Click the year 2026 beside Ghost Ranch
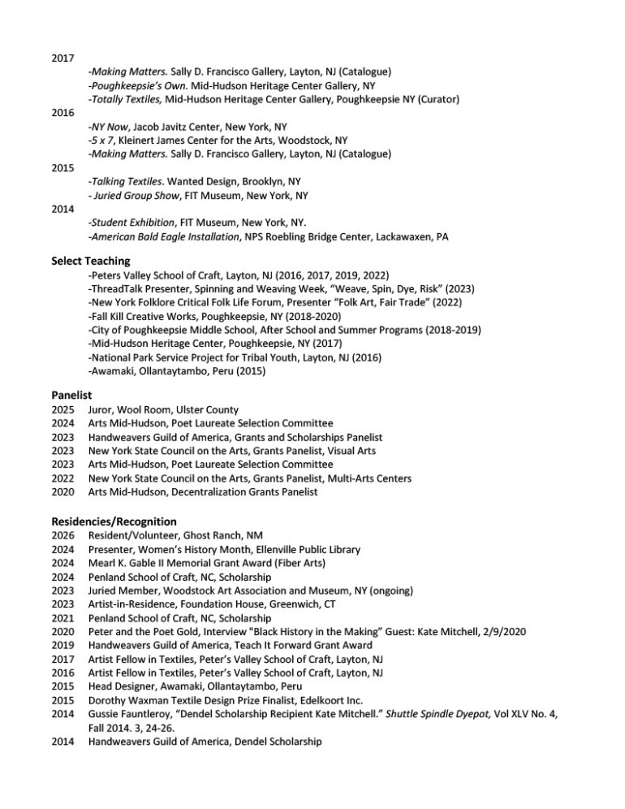click(x=62, y=535)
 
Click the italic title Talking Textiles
click(x=126, y=181)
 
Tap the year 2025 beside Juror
click(x=62, y=409)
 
